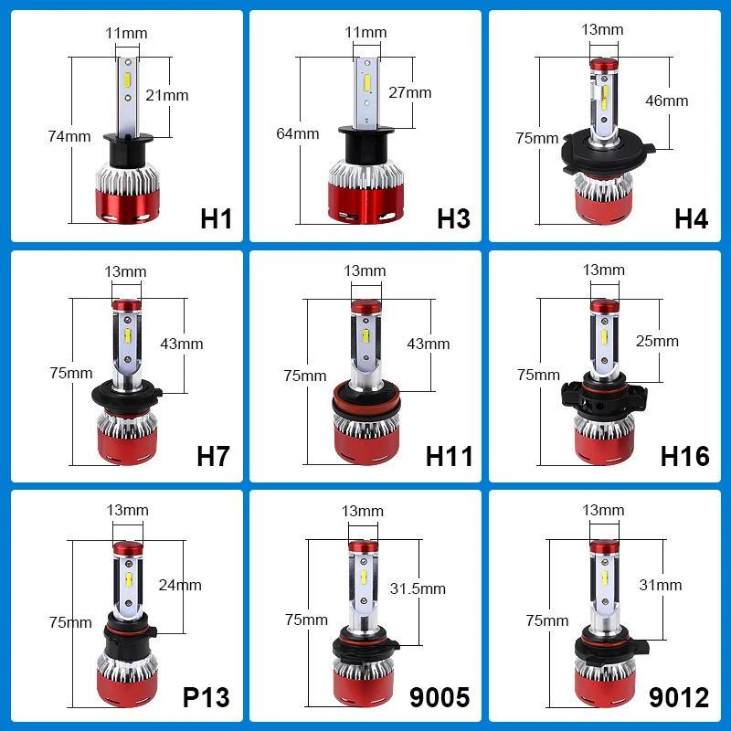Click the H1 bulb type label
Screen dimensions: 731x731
tap(217, 218)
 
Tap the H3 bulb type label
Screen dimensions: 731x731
tap(453, 218)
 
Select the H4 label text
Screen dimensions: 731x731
tap(692, 218)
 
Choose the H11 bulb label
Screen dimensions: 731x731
tap(450, 456)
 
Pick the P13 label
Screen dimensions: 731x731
tap(206, 697)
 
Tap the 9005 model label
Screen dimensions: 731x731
tap(440, 697)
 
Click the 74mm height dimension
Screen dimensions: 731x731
tap(69, 136)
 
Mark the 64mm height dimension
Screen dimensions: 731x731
tap(298, 133)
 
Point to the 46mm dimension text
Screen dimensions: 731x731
tap(666, 101)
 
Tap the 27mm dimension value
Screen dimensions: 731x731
tap(409, 92)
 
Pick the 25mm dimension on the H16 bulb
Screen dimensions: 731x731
tap(658, 341)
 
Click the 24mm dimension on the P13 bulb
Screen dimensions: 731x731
tap(180, 585)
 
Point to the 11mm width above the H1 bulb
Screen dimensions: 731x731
tap(126, 33)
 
